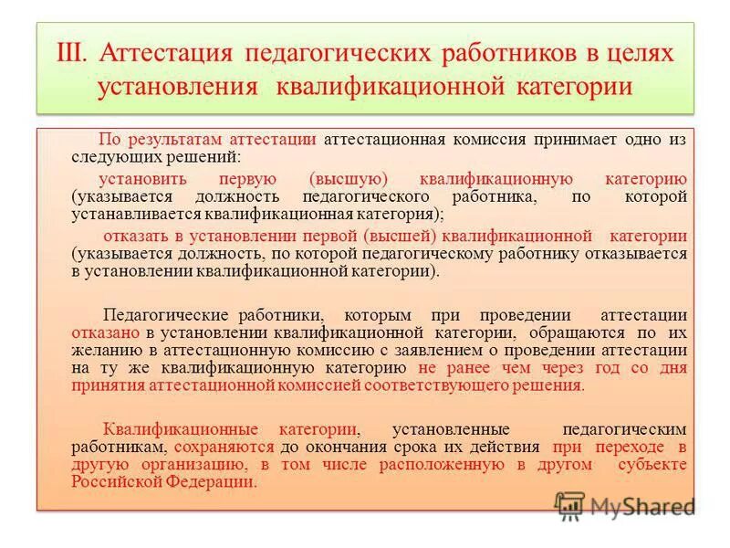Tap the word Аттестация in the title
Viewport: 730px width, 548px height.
pos(168,52)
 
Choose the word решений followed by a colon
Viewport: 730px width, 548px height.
pos(198,156)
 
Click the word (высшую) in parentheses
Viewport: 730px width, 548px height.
pos(342,179)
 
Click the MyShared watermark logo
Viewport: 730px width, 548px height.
pos(625,505)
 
